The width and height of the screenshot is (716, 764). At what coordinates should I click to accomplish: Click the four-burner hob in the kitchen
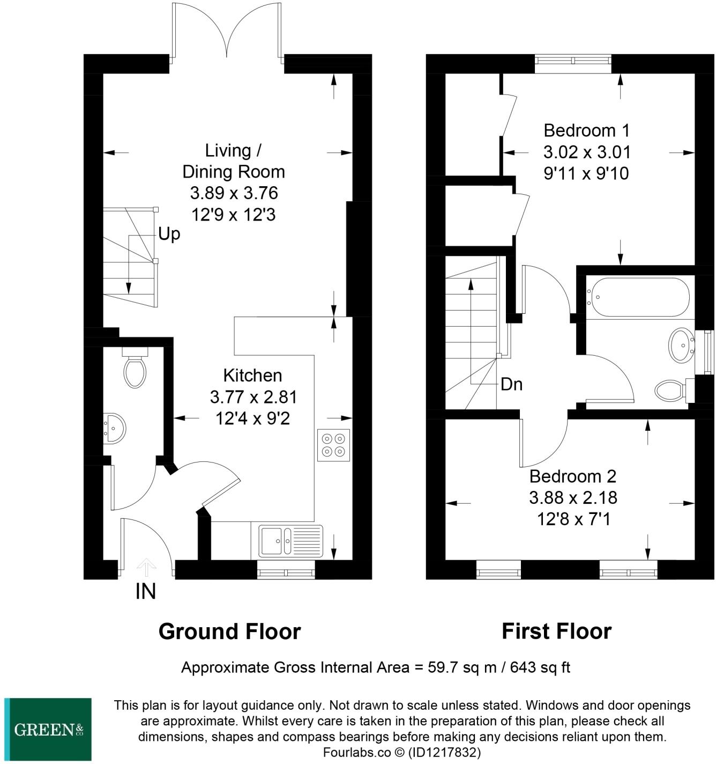pos(333,445)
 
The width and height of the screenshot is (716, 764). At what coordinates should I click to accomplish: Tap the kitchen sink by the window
pos(290,541)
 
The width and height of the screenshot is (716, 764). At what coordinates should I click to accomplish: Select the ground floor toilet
pos(135,368)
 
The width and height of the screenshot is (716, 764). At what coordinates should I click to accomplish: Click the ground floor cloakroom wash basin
pos(114,428)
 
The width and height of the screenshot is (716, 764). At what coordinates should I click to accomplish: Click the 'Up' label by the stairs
pos(169,234)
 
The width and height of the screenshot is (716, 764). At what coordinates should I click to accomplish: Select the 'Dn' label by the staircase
pos(511,384)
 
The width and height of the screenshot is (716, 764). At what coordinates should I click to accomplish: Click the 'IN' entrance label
pos(146,591)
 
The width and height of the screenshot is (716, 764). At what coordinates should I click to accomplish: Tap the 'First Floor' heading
pos(556,631)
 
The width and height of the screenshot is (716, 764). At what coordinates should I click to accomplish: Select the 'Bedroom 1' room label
pos(586,130)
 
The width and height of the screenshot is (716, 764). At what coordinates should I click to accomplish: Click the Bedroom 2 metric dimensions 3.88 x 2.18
pos(573,498)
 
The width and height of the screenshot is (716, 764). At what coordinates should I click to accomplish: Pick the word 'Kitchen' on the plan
pos(252,376)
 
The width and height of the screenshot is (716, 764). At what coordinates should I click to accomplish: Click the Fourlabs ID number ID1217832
pos(444,752)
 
